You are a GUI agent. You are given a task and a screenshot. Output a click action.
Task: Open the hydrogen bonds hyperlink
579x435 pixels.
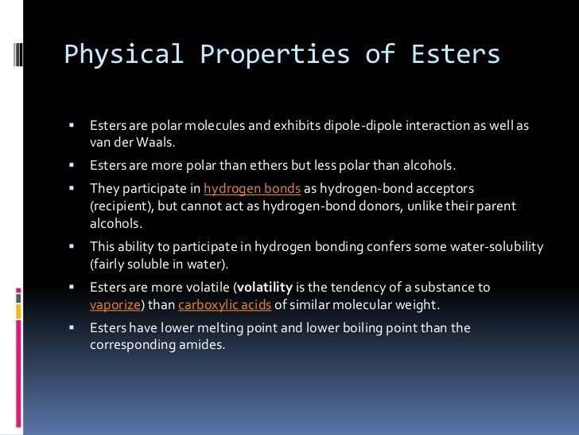252,188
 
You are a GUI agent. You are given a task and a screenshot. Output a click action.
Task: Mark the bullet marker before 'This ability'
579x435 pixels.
71,246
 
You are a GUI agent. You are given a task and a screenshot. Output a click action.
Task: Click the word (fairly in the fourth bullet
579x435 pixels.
107,264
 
